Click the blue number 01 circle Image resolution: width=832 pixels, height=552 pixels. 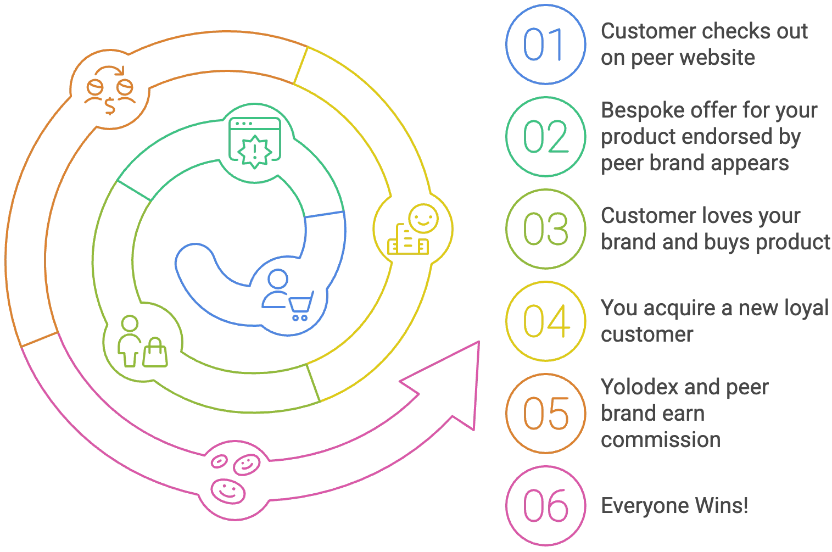point(545,44)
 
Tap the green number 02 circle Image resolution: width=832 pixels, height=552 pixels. point(545,137)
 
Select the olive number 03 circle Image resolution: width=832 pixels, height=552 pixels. point(545,229)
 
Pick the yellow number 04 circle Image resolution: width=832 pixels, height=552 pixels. point(545,321)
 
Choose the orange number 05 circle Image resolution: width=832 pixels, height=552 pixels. point(545,414)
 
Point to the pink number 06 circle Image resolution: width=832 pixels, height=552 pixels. point(545,506)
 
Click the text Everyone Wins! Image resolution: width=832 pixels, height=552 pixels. point(674,506)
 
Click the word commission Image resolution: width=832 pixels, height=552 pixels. point(661,440)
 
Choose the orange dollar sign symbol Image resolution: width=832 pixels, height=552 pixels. point(110,105)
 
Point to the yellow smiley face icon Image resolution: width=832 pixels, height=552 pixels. point(423,219)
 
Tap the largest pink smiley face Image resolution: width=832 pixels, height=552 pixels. point(228,490)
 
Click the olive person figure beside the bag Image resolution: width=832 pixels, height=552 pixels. point(130,341)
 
